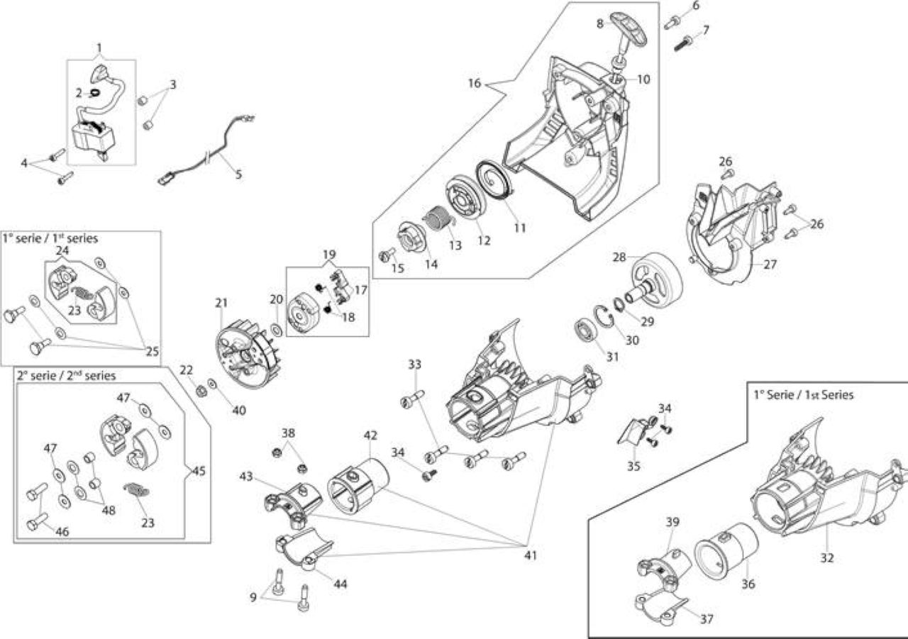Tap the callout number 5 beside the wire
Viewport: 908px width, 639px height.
coord(238,174)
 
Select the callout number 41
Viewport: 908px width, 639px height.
coord(530,555)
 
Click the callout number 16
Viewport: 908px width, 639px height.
coord(475,84)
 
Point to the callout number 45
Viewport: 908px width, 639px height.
coord(199,471)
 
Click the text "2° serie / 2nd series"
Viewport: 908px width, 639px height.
coord(67,376)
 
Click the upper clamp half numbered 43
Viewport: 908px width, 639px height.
coord(293,506)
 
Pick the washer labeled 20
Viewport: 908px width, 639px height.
coord(277,328)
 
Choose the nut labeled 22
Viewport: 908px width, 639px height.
coord(201,391)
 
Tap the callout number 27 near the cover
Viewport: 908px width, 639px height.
coord(770,265)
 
